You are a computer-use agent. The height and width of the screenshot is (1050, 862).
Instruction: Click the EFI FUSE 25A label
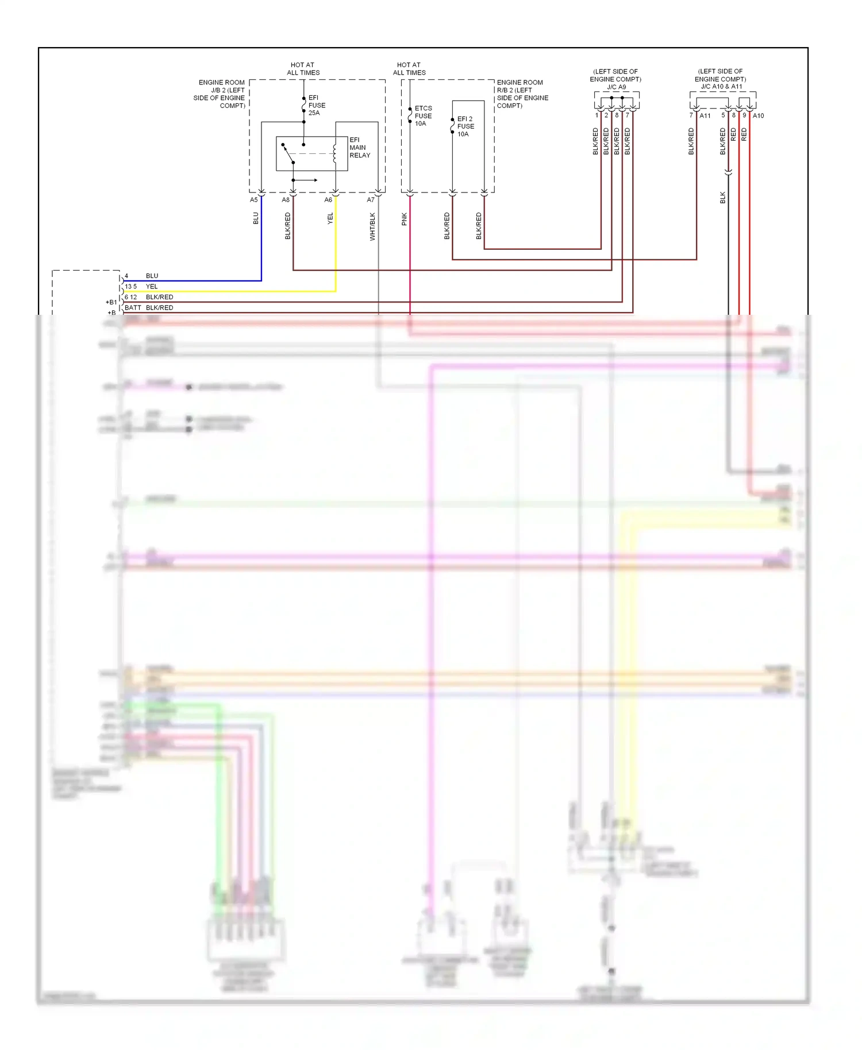tap(317, 105)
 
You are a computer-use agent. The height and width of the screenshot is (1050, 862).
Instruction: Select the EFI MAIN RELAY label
tap(359, 148)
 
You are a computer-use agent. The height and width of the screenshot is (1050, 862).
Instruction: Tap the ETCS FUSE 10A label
tap(423, 115)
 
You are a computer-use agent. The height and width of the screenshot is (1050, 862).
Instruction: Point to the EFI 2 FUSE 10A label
tap(465, 126)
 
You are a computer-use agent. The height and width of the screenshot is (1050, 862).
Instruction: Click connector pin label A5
tap(253, 200)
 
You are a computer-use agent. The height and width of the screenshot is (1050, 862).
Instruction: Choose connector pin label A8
tap(286, 200)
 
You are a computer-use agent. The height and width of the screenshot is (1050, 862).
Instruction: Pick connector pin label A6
tap(328, 200)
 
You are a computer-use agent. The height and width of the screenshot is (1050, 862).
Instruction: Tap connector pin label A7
tap(371, 200)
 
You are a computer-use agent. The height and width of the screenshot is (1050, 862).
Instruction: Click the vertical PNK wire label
tap(404, 219)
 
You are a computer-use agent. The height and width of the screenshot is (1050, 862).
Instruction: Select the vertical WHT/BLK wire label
tap(372, 226)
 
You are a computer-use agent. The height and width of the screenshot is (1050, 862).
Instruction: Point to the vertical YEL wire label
tap(330, 218)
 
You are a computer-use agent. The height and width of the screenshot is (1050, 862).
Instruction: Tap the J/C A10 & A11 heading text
tap(721, 87)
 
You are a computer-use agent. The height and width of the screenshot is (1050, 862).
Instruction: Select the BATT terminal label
tap(133, 308)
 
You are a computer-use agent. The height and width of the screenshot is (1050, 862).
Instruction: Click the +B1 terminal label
tap(111, 302)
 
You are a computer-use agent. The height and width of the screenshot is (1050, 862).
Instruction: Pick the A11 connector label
tap(705, 116)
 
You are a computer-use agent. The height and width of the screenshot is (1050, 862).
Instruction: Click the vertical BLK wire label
tap(722, 198)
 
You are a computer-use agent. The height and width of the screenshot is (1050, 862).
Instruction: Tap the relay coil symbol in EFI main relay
tap(334, 153)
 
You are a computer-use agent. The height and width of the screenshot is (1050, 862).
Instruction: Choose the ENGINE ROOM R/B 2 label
tap(522, 94)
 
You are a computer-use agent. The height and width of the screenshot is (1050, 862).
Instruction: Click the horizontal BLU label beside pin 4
tap(152, 276)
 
